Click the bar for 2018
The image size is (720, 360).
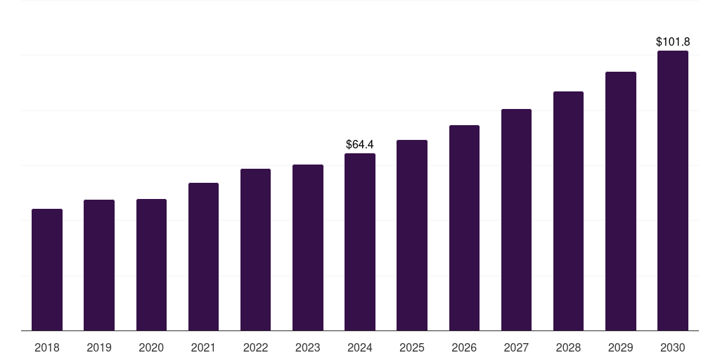(47, 270)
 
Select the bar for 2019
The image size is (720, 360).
(99, 265)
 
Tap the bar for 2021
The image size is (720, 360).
(203, 257)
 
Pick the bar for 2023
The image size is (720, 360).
(308, 247)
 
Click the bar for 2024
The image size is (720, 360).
(360, 242)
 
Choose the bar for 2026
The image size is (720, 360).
(464, 228)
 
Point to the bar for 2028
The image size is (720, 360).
(568, 211)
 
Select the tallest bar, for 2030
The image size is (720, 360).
(673, 191)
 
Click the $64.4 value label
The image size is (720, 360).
(360, 144)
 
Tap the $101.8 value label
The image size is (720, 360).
(673, 41)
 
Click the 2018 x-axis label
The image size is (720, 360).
(47, 347)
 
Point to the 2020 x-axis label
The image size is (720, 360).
(151, 347)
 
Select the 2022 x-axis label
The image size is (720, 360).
(255, 347)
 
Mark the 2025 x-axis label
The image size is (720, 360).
(412, 347)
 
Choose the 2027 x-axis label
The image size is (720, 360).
(516, 347)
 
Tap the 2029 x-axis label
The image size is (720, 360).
(621, 347)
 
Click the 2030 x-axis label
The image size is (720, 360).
(673, 347)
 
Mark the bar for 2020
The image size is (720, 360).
(151, 265)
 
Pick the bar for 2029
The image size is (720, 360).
(621, 201)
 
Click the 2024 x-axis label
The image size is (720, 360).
(360, 347)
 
